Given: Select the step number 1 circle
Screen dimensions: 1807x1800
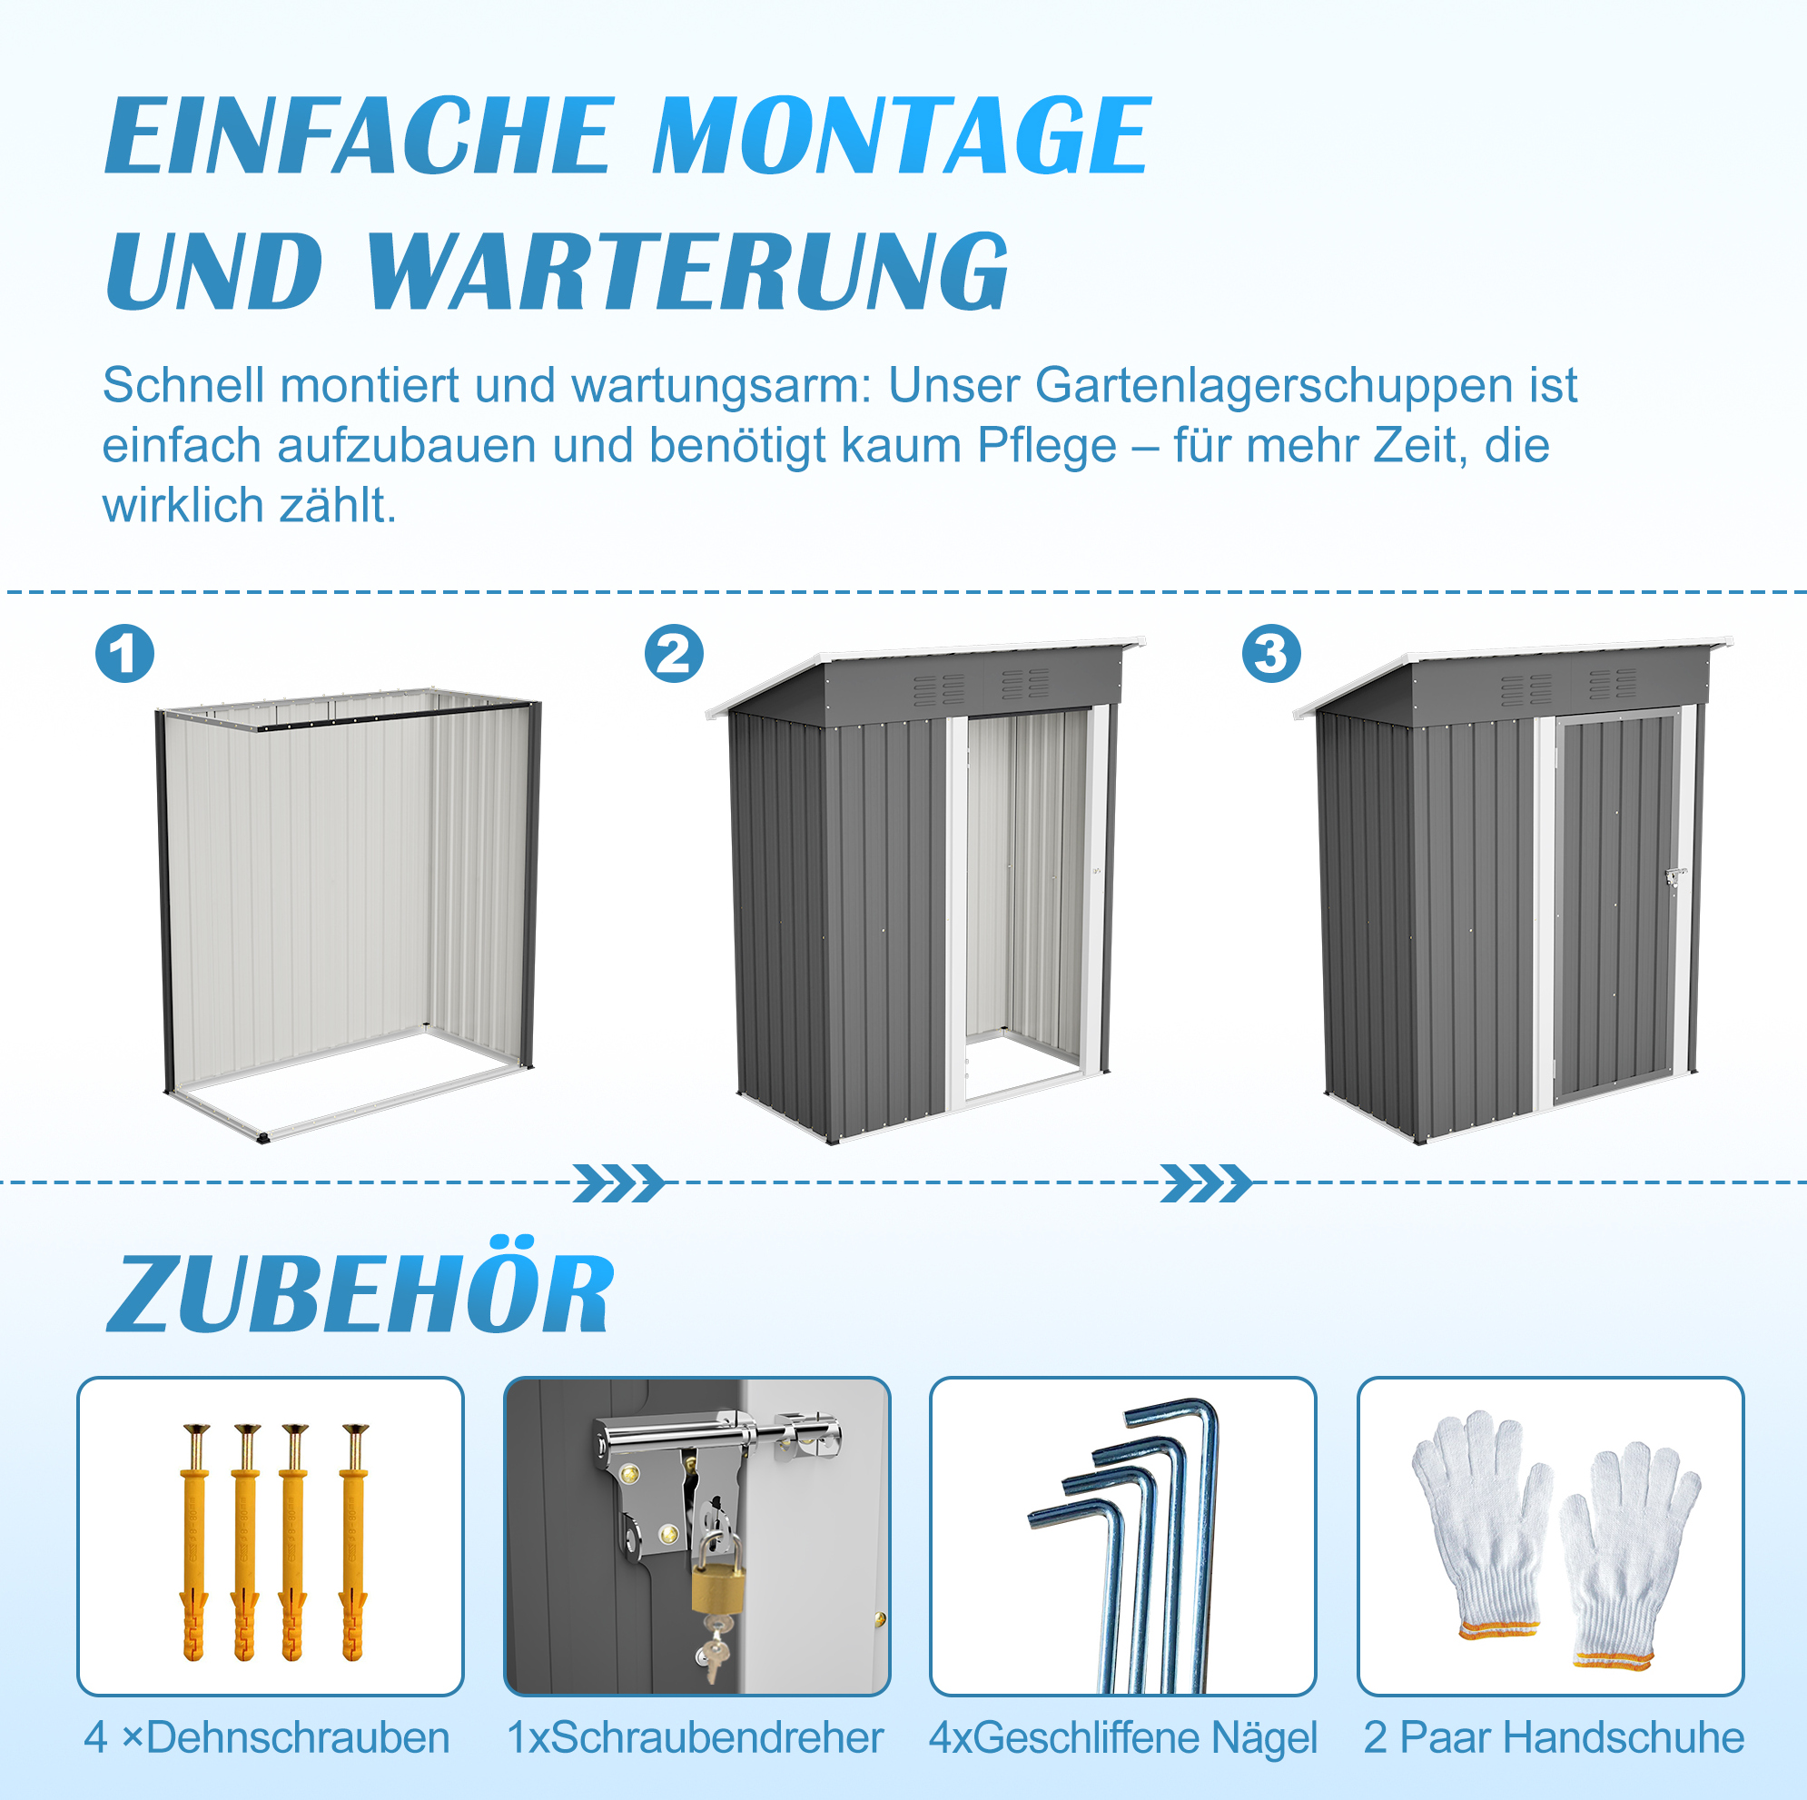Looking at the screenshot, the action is (124, 653).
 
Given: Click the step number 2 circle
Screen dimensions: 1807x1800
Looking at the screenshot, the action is (674, 653).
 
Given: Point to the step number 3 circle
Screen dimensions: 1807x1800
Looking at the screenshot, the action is (1271, 653).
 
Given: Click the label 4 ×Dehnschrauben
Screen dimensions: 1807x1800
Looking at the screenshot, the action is (267, 1737).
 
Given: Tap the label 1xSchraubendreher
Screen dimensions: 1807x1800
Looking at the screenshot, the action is (695, 1737).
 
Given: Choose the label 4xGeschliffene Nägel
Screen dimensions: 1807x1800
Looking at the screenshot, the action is (1122, 1739).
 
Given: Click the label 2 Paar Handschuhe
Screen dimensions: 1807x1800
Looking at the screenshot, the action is (1554, 1737).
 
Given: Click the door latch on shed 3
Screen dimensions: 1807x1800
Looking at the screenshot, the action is (1674, 876).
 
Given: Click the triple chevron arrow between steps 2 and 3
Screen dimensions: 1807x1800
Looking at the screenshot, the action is (1207, 1183).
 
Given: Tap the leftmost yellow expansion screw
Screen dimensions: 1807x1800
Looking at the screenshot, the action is (194, 1544).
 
